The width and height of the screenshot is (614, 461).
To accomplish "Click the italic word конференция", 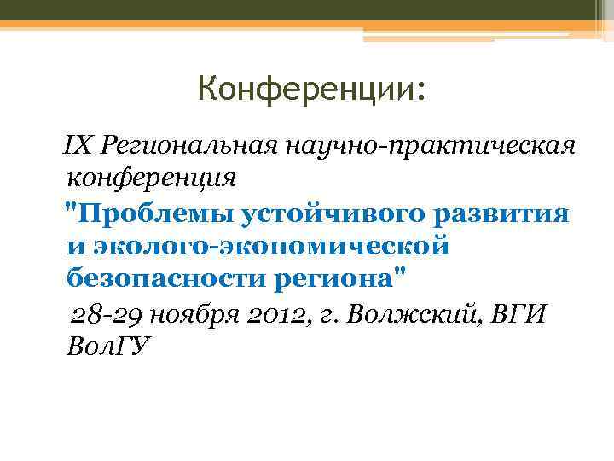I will click(x=150, y=178).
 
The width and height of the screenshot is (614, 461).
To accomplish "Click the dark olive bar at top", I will click(x=290, y=10).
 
